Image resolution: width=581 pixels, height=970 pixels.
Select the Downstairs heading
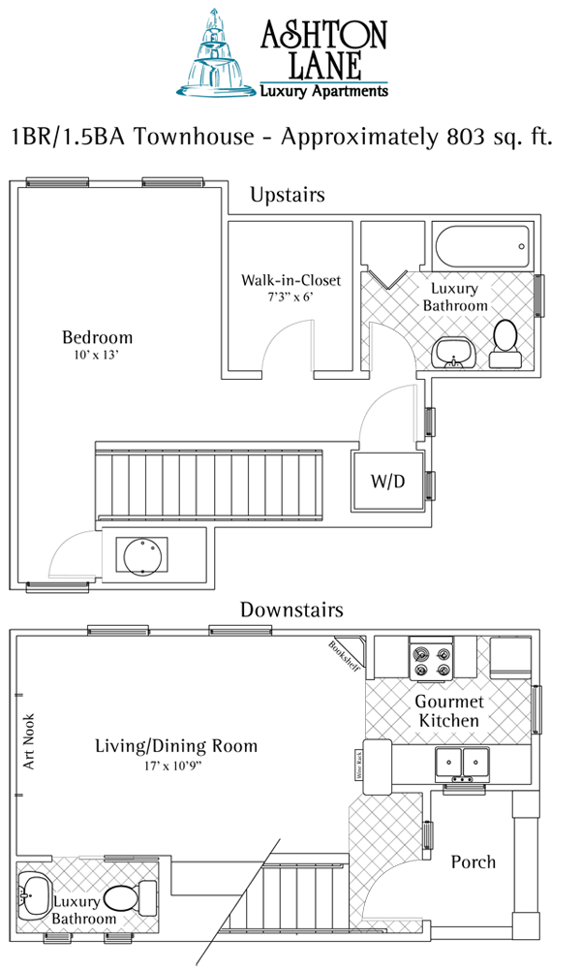click(x=291, y=610)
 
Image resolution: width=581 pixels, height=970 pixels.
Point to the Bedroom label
click(x=97, y=337)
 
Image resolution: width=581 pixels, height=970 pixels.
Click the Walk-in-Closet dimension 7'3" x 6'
click(x=290, y=297)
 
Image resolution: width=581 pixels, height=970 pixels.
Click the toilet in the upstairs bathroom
click(x=505, y=344)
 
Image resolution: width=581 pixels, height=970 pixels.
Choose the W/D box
click(x=386, y=481)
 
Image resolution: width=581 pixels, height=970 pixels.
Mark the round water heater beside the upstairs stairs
click(x=142, y=556)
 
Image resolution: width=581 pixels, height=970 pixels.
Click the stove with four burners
click(x=432, y=658)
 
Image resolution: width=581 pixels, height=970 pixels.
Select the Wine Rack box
click(x=357, y=765)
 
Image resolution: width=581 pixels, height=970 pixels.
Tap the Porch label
click(x=473, y=861)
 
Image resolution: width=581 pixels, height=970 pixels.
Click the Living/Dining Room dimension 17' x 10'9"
click(x=175, y=765)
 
